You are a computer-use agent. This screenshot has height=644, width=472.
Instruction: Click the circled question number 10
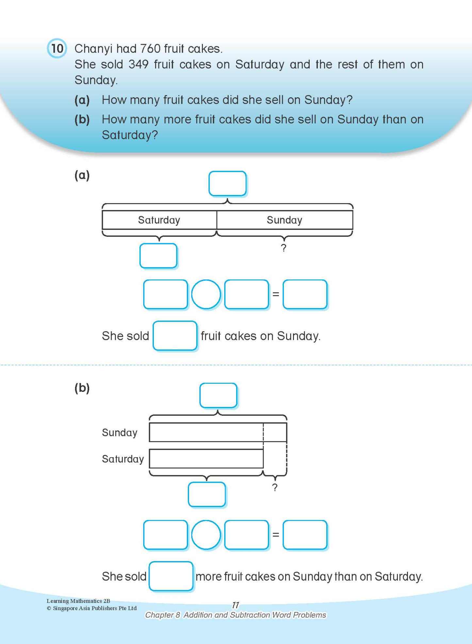(57, 48)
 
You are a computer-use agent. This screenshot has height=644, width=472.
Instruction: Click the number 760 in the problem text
(150, 49)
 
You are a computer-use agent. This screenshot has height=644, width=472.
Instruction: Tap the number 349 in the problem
(138, 64)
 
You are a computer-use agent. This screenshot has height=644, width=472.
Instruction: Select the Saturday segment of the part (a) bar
(159, 220)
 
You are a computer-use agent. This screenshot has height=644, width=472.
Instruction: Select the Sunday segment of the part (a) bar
(285, 220)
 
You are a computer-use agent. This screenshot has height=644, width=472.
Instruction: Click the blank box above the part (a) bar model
(227, 184)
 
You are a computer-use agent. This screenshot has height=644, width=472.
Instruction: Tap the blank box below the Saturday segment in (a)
(158, 256)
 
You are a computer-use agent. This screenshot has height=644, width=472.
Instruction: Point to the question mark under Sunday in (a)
(284, 248)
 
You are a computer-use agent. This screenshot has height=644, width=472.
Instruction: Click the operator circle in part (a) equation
(206, 294)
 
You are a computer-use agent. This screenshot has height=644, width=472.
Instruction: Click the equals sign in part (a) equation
(276, 294)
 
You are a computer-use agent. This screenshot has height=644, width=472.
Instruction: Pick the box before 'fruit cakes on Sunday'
(175, 336)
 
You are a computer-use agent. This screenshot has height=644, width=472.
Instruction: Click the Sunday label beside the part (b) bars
(120, 432)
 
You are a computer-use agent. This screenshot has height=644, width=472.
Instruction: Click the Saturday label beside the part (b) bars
(123, 459)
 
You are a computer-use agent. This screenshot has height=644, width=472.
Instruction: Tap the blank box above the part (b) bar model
(218, 395)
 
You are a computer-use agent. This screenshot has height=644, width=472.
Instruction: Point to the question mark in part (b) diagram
(275, 487)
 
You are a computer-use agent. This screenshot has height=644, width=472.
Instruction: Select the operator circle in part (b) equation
(206, 535)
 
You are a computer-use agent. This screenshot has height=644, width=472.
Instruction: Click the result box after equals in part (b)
(305, 535)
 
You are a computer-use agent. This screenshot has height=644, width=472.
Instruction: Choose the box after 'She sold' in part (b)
(171, 576)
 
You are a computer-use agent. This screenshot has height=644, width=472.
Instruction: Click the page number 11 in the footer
(236, 605)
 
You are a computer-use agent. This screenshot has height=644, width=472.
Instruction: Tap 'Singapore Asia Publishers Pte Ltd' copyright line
(92, 608)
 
